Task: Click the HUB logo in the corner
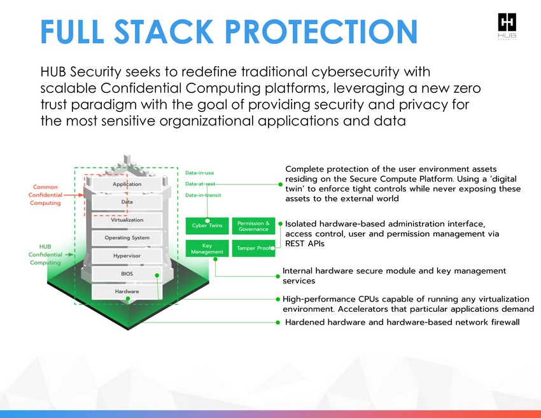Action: pyautogui.click(x=507, y=26)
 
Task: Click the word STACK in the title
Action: pyautogui.click(x=164, y=31)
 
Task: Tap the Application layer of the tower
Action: pyautogui.click(x=127, y=184)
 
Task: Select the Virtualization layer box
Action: pyautogui.click(x=127, y=220)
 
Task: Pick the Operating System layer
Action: pyautogui.click(x=127, y=238)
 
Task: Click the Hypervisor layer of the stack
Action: pyautogui.click(x=127, y=256)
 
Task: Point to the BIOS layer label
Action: pyautogui.click(x=127, y=274)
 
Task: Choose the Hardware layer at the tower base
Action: pyautogui.click(x=127, y=292)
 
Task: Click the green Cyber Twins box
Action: pyautogui.click(x=207, y=226)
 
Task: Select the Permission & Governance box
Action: pyautogui.click(x=253, y=226)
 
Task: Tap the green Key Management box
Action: pyautogui.click(x=207, y=248)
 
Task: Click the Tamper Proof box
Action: pyautogui.click(x=253, y=248)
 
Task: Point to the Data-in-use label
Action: pyautogui.click(x=199, y=173)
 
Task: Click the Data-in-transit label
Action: pyautogui.click(x=203, y=195)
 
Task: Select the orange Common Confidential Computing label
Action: pyautogui.click(x=45, y=195)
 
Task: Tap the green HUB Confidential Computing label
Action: pyautogui.click(x=45, y=254)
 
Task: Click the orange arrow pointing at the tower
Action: pyautogui.click(x=74, y=195)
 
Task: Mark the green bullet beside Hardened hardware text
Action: pyautogui.click(x=278, y=323)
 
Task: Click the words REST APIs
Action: pyautogui.click(x=305, y=244)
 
